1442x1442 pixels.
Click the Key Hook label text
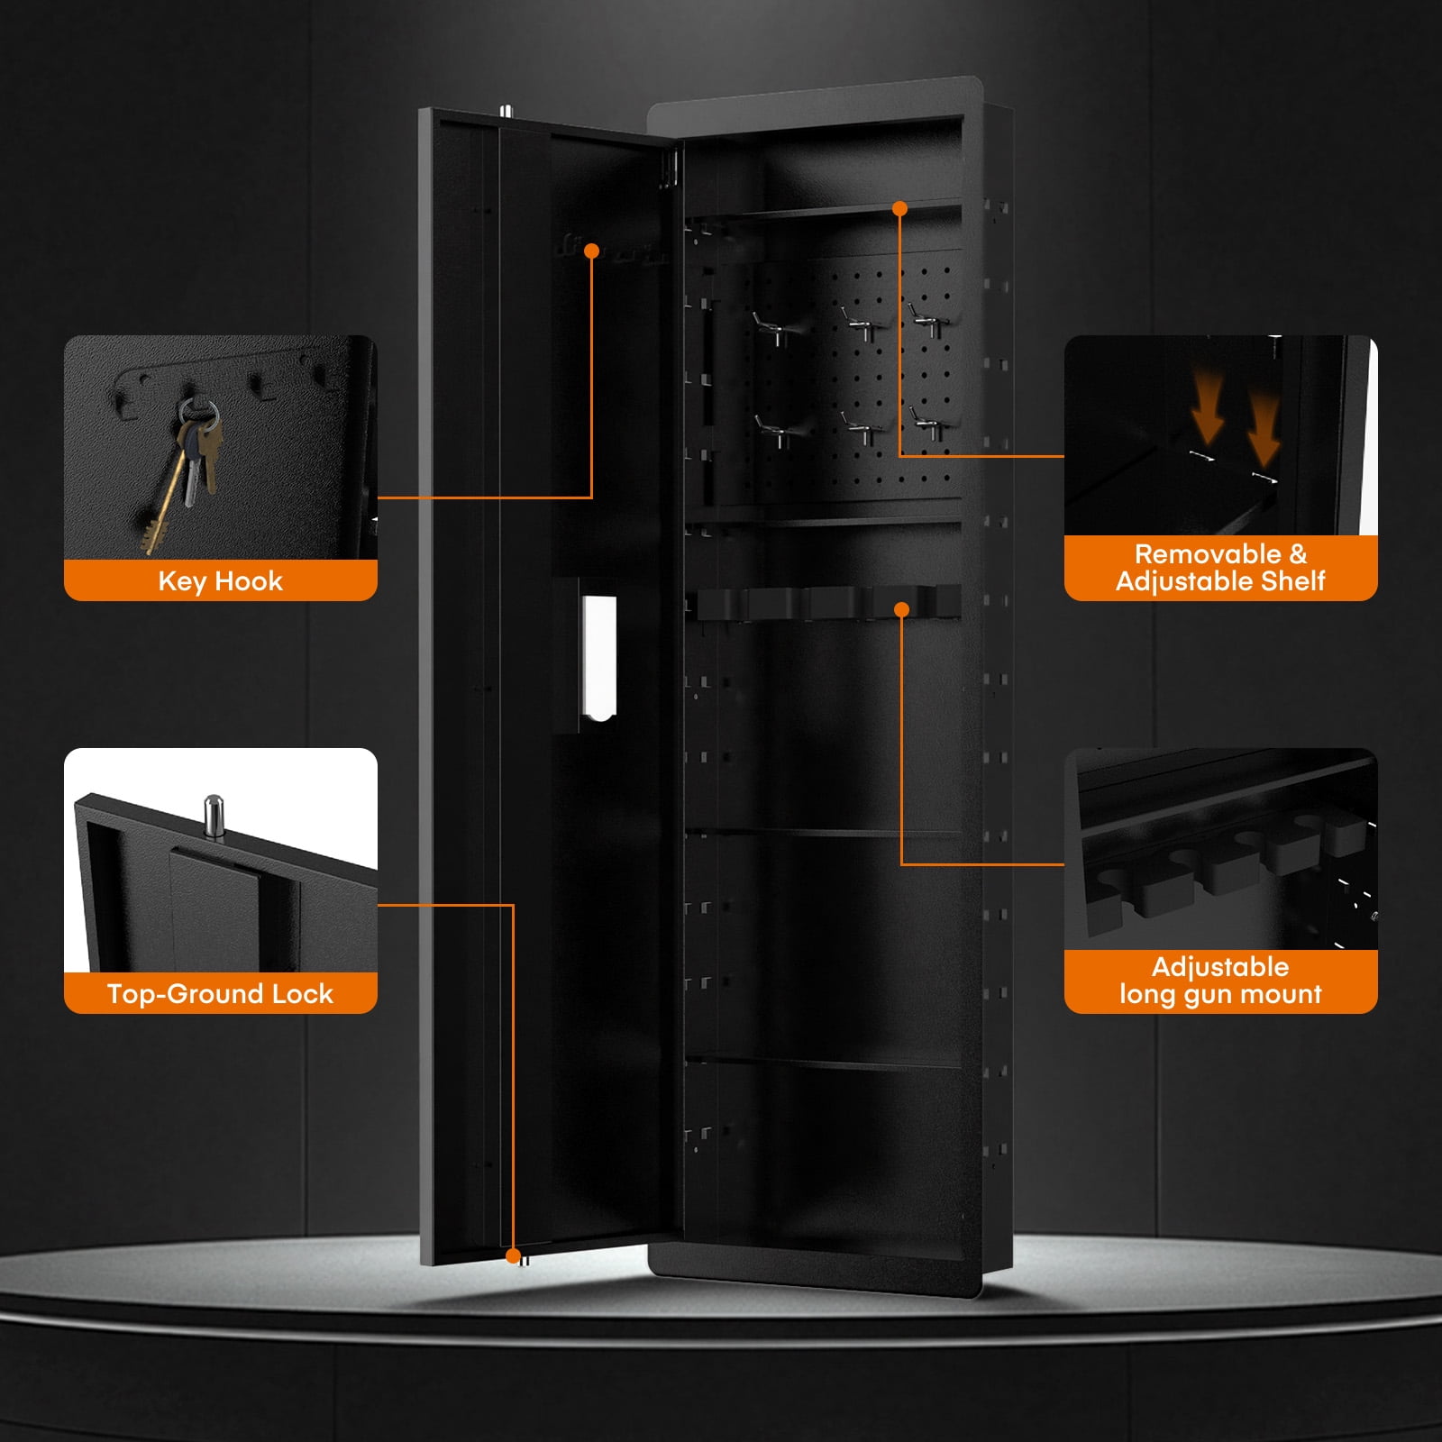(x=220, y=581)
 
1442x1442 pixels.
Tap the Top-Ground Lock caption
(x=220, y=993)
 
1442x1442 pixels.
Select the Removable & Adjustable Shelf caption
(x=1220, y=567)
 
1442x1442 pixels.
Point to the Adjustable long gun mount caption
(x=1220, y=980)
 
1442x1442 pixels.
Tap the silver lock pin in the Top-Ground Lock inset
(x=214, y=816)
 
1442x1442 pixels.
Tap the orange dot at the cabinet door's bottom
(x=513, y=1255)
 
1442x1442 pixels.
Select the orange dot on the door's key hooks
(x=592, y=251)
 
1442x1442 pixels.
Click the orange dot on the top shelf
(x=899, y=208)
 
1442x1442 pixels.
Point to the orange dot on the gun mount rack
(x=901, y=610)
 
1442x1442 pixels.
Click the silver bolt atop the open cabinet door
(x=506, y=110)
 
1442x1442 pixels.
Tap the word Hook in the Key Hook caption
(x=249, y=581)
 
